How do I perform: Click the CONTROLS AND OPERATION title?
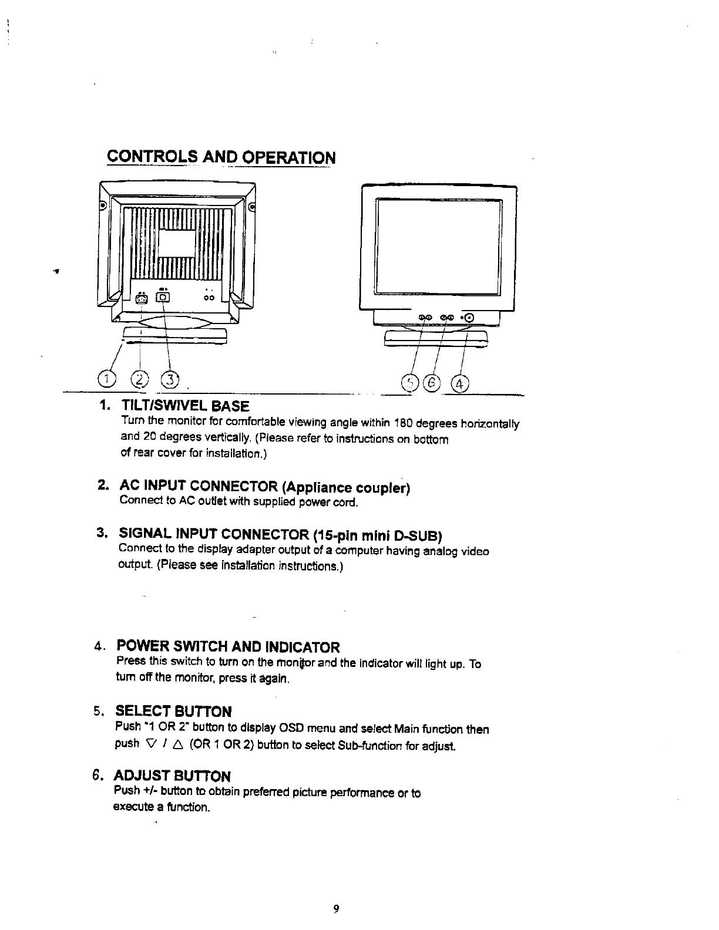point(221,158)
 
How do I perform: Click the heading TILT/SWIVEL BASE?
point(185,406)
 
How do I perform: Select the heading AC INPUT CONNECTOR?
point(265,487)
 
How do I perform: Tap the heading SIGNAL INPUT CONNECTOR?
point(280,535)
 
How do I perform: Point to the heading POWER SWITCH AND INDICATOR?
point(228,647)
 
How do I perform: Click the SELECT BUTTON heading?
point(174,712)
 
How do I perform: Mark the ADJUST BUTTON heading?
point(173,776)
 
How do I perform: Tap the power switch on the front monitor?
point(473,318)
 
